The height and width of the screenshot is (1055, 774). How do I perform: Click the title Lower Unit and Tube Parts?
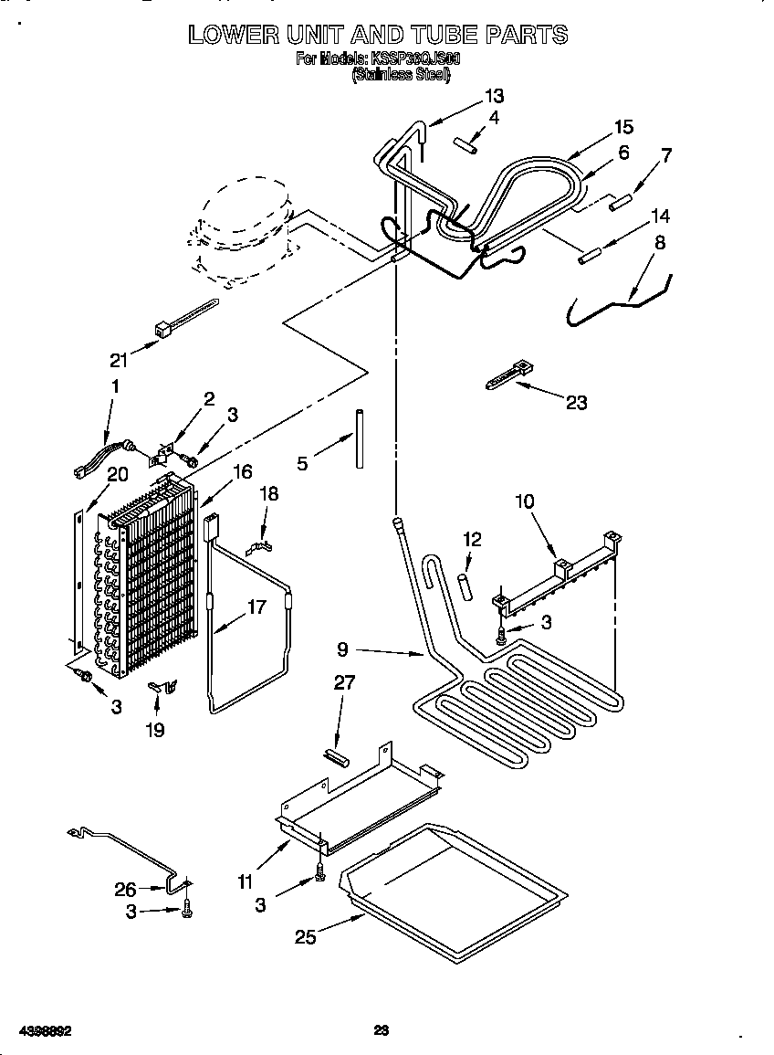378,36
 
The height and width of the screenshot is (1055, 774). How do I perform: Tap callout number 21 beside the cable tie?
119,359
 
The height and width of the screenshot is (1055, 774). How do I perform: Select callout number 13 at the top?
494,96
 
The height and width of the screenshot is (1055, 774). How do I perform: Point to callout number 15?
623,127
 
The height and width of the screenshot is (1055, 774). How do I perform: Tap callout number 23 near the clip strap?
576,401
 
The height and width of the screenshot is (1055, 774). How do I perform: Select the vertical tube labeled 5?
360,439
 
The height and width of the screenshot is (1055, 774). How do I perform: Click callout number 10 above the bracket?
525,501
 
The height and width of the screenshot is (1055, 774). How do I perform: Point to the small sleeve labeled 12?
465,586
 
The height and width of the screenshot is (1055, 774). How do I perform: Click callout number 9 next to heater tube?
342,649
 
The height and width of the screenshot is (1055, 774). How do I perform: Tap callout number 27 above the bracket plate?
344,682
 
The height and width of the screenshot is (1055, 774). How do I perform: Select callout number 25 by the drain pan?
306,936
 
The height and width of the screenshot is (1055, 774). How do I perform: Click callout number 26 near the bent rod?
126,889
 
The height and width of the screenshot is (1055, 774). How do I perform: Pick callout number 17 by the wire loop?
256,607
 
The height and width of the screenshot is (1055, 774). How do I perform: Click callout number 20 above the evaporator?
117,473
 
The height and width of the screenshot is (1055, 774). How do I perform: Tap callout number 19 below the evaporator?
155,731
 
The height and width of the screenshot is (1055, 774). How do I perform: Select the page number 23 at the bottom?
382,1030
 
